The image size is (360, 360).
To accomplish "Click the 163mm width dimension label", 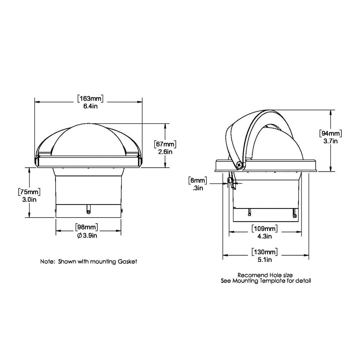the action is (90, 99).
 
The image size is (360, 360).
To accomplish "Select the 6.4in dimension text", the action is (90, 106).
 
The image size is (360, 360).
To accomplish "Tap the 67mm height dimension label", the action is (165, 144).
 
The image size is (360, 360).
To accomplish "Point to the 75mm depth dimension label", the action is (29, 192).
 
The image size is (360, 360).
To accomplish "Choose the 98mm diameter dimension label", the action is (86, 227).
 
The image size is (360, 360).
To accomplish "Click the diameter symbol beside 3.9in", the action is (79, 236).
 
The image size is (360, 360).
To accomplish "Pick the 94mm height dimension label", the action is (330, 133).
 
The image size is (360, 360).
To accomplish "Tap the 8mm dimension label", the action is (198, 180).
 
